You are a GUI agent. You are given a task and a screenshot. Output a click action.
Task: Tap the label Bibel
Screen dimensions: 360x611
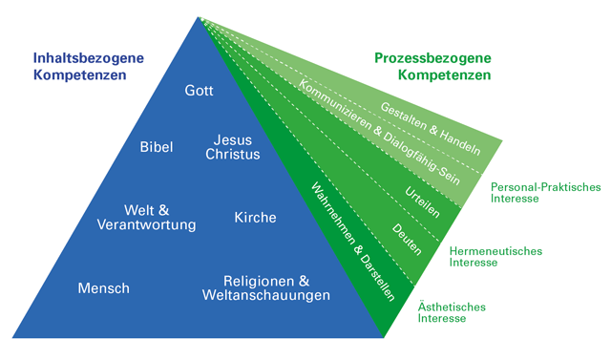tap(156, 147)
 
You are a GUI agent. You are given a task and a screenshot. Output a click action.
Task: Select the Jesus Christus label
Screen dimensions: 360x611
tap(233, 147)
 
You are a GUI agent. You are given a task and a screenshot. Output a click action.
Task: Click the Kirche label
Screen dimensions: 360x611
tap(255, 218)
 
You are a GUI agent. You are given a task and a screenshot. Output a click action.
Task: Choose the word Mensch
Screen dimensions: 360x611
tap(105, 287)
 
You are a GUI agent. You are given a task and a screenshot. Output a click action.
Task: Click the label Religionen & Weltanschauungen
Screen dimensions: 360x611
tap(266, 288)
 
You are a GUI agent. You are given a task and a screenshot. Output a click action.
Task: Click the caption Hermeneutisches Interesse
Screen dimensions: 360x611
tap(495, 256)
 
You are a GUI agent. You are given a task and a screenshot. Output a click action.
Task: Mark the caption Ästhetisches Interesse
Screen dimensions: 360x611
tap(453, 312)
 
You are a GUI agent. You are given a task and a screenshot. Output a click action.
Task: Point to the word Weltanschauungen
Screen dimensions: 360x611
tap(266, 296)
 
